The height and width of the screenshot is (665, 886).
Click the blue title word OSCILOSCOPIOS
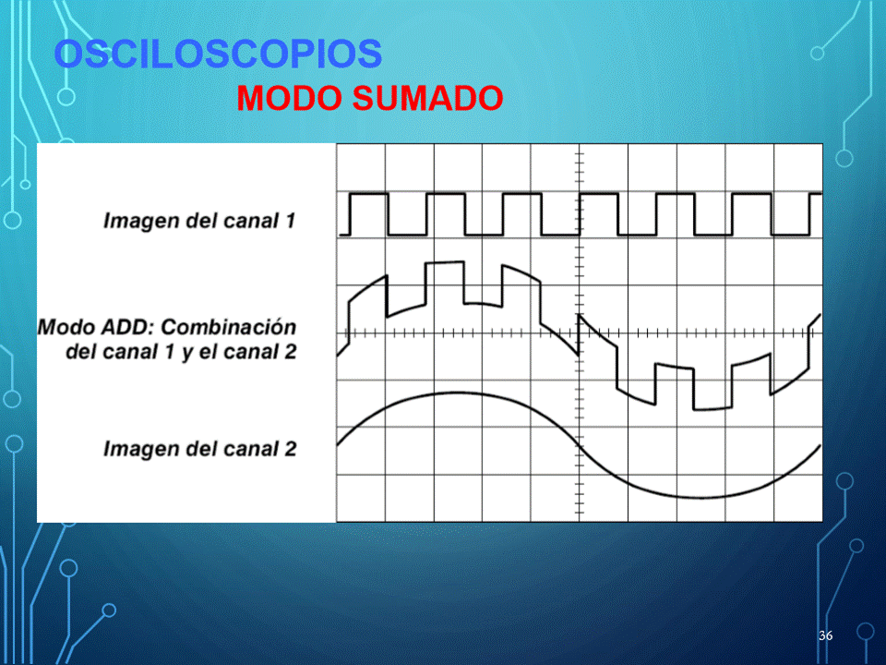[218, 54]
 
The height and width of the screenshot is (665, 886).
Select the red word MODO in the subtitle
[289, 98]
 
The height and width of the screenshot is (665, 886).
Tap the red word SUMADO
[427, 98]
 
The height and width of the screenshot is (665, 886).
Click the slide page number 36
[825, 635]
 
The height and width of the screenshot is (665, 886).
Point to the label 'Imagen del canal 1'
[199, 221]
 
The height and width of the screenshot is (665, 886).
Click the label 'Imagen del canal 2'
[199, 449]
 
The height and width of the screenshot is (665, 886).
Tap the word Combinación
[228, 327]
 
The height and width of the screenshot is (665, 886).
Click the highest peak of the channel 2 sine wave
[458, 393]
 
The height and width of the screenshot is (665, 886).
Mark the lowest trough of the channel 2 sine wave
[700, 498]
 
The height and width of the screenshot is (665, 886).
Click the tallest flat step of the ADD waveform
[444, 262]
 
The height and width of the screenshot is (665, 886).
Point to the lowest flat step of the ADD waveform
[712, 408]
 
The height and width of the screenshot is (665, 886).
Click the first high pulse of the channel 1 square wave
[368, 194]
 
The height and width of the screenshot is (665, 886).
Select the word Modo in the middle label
[66, 327]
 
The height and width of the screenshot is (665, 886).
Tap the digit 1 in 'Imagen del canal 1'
[291, 220]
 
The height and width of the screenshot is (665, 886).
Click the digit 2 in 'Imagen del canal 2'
[291, 449]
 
